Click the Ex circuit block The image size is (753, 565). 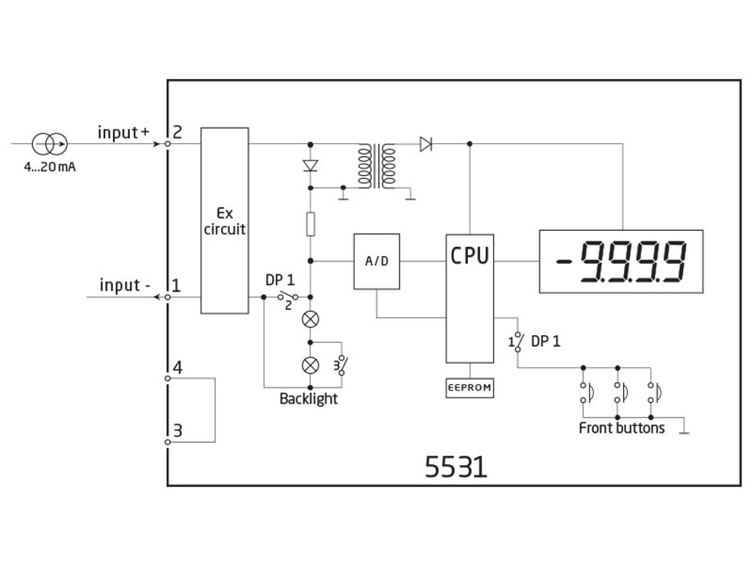click(224, 221)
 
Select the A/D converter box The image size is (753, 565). click(376, 261)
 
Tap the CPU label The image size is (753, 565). click(469, 256)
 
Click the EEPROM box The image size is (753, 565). click(469, 388)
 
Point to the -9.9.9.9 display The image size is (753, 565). click(621, 261)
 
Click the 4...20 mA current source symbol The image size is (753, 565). click(49, 143)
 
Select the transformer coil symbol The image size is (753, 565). click(376, 165)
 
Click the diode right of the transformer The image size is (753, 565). click(426, 143)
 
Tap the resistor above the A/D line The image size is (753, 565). click(310, 224)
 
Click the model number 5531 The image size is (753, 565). click(456, 467)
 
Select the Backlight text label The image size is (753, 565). click(308, 399)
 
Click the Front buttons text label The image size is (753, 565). click(622, 428)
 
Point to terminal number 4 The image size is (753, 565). click(177, 367)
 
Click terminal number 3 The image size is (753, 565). click(177, 430)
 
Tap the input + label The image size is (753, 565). click(123, 132)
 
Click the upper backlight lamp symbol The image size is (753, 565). click(310, 318)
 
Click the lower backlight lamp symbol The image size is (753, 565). click(310, 364)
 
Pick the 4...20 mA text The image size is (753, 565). click(49, 167)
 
